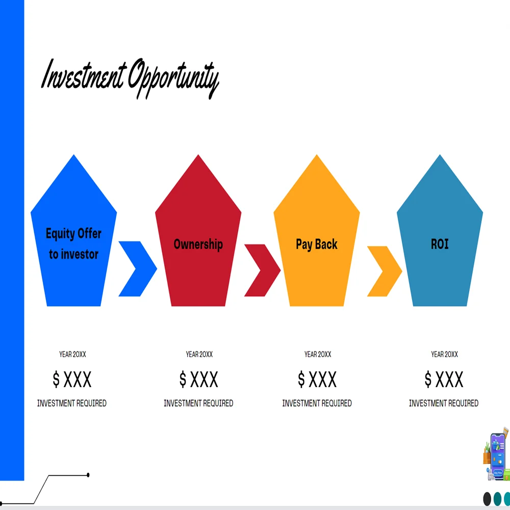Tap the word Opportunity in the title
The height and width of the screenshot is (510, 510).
tap(173, 80)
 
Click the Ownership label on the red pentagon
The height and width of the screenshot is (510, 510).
tap(198, 244)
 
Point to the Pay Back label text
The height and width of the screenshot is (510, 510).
tap(317, 244)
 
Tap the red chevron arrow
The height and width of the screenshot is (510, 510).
tap(262, 270)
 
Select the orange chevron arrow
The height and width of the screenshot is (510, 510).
tap(385, 271)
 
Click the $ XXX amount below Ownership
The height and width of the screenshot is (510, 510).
tap(198, 379)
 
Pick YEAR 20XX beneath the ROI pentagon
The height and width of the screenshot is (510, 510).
tap(444, 354)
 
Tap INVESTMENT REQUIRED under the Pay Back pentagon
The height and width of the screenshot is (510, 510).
tap(317, 403)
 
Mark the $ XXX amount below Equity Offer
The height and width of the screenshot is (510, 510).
tap(72, 379)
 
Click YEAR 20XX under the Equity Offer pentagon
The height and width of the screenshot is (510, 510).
tap(72, 354)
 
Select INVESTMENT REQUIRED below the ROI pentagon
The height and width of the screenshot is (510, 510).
tap(444, 403)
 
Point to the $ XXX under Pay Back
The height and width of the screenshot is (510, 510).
tap(317, 379)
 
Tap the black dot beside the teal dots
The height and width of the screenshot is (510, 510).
tap(487, 498)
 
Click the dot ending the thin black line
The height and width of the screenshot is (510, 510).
tap(88, 475)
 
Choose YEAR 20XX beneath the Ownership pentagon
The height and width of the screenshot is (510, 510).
tap(199, 354)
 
